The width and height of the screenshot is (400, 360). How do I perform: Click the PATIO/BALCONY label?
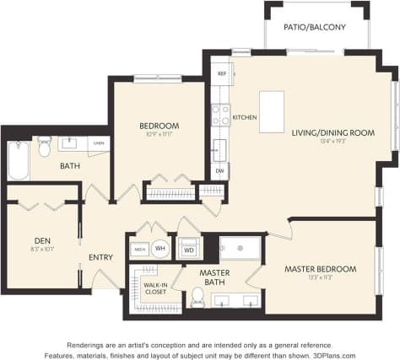(316, 27)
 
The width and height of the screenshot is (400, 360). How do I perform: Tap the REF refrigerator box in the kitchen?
(221, 74)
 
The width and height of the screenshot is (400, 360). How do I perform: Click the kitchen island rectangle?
(272, 110)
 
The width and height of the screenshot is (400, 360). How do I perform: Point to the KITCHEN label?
(244, 117)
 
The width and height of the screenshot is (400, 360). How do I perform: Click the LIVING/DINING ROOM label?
(333, 132)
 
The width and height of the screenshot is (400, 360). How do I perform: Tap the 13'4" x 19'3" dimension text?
(333, 142)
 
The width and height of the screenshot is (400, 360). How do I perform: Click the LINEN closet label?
(99, 143)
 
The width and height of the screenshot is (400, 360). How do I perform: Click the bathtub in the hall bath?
(19, 160)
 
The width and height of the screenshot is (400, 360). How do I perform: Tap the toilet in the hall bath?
(45, 146)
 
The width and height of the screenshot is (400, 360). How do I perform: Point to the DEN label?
(43, 239)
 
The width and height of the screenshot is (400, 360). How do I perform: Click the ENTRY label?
(101, 257)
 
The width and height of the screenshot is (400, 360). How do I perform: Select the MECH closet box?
(139, 249)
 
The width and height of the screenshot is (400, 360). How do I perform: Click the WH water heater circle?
(159, 249)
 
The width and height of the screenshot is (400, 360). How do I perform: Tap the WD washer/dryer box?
(189, 250)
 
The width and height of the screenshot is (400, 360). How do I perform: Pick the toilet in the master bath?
(197, 296)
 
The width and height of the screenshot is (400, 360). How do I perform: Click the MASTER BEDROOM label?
(320, 269)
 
